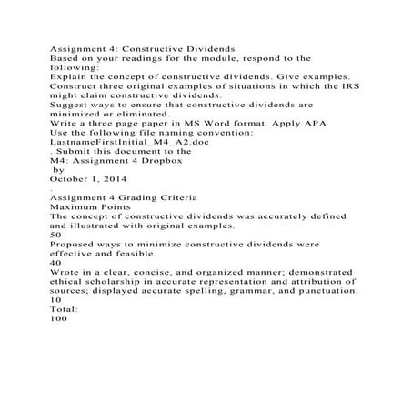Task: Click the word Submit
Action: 73,150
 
